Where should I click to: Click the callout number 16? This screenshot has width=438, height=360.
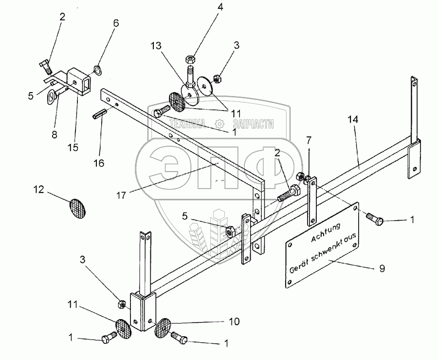(99, 163)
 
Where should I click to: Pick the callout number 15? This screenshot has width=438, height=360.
(73, 147)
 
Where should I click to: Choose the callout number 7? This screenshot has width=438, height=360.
(309, 141)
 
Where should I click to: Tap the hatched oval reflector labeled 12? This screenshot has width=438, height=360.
(78, 207)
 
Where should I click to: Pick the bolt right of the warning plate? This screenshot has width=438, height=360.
(376, 220)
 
